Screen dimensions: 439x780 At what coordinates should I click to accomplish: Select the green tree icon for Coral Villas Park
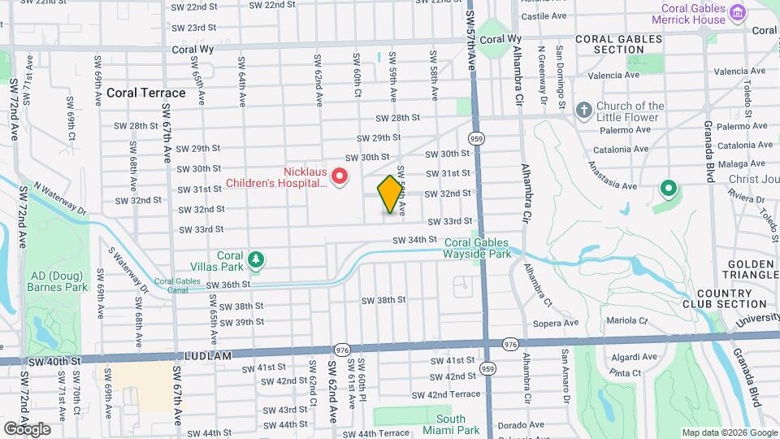258,260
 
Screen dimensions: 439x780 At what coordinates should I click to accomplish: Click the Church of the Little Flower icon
583,110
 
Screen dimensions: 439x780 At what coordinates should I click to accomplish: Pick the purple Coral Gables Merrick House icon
737,13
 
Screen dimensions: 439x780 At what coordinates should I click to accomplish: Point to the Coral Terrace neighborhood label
145,93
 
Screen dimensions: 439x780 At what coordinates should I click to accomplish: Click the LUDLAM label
210,356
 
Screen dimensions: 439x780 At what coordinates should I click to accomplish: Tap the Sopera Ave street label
556,323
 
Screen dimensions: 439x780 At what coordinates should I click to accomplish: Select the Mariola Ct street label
626,321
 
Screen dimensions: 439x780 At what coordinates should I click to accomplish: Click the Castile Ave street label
543,15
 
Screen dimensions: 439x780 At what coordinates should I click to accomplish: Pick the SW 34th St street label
414,240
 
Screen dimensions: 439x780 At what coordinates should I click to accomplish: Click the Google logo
27,429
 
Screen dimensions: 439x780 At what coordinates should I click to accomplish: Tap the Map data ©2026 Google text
729,432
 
